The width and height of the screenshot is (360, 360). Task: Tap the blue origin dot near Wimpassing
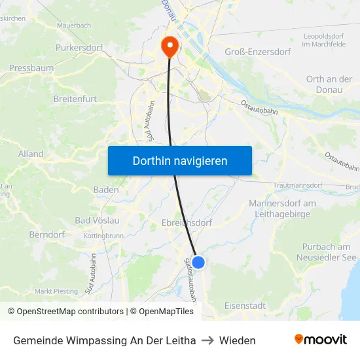[198, 262]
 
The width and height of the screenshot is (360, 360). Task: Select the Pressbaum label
[31, 67]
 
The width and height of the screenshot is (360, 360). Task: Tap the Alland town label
[31, 154]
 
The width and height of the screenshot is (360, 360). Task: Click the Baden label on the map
[106, 190]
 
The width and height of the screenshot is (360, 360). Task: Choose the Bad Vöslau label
[97, 221]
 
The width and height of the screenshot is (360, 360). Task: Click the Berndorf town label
[47, 234]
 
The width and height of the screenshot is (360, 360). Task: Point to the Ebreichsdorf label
[187, 223]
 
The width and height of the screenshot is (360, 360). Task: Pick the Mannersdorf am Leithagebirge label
[282, 208]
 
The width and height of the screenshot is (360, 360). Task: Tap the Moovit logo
[321, 340]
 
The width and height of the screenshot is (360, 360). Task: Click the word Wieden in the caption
[238, 340]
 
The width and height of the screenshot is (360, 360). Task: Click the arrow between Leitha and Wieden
[207, 340]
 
